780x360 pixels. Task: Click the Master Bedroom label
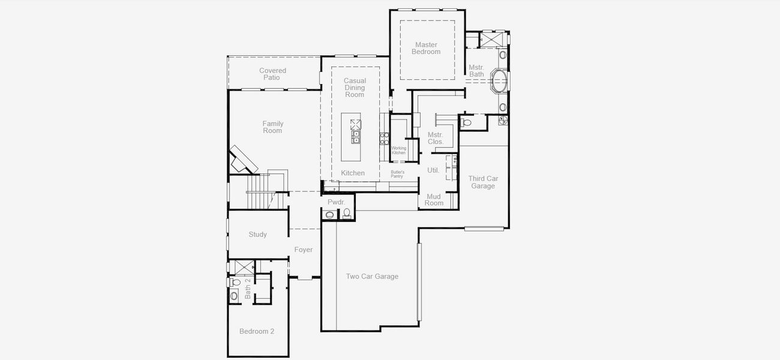425,49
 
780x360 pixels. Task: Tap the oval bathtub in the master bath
499,80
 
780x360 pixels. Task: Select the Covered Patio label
273,74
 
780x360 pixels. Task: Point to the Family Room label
272,127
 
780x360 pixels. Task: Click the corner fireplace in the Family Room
243,159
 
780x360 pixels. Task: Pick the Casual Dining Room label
355,88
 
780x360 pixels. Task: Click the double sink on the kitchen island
356,137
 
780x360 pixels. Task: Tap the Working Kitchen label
399,150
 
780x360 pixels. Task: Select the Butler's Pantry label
397,174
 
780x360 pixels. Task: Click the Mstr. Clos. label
436,138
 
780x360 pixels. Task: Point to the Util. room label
433,170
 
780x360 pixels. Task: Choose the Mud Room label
434,200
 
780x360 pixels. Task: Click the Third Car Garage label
483,182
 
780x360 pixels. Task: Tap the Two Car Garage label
372,277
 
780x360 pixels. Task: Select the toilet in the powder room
346,213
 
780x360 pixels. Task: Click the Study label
258,235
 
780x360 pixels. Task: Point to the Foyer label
304,250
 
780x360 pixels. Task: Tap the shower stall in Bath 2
243,267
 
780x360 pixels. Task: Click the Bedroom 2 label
257,331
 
